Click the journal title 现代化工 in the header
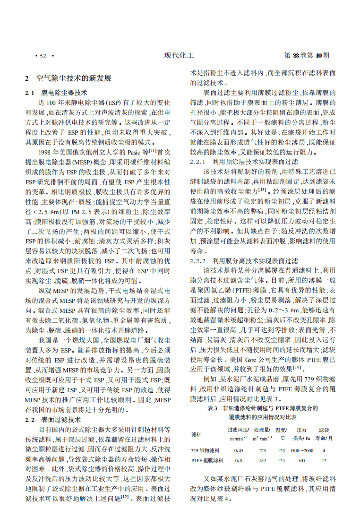179,56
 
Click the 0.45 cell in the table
239,450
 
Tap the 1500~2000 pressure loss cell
301,450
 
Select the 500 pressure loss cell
301,459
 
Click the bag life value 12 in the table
324,459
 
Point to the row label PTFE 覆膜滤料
207,459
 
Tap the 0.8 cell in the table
239,459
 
